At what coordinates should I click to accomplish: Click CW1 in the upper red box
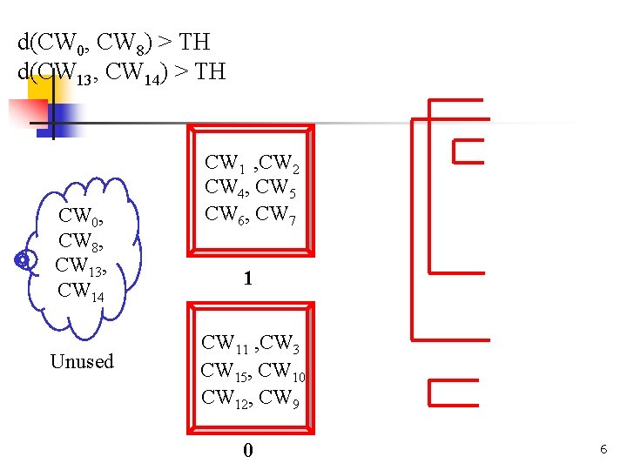(x=222, y=163)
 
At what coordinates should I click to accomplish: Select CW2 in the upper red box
(x=278, y=164)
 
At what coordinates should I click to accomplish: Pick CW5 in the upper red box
(x=278, y=188)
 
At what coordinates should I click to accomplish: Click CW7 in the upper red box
(x=278, y=213)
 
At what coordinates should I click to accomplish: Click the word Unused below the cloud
(x=82, y=361)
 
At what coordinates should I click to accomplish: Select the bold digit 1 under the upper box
(x=248, y=279)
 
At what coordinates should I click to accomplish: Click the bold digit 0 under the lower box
(x=248, y=450)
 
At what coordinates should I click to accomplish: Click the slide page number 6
(x=603, y=449)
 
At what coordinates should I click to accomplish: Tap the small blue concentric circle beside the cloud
(x=24, y=260)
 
